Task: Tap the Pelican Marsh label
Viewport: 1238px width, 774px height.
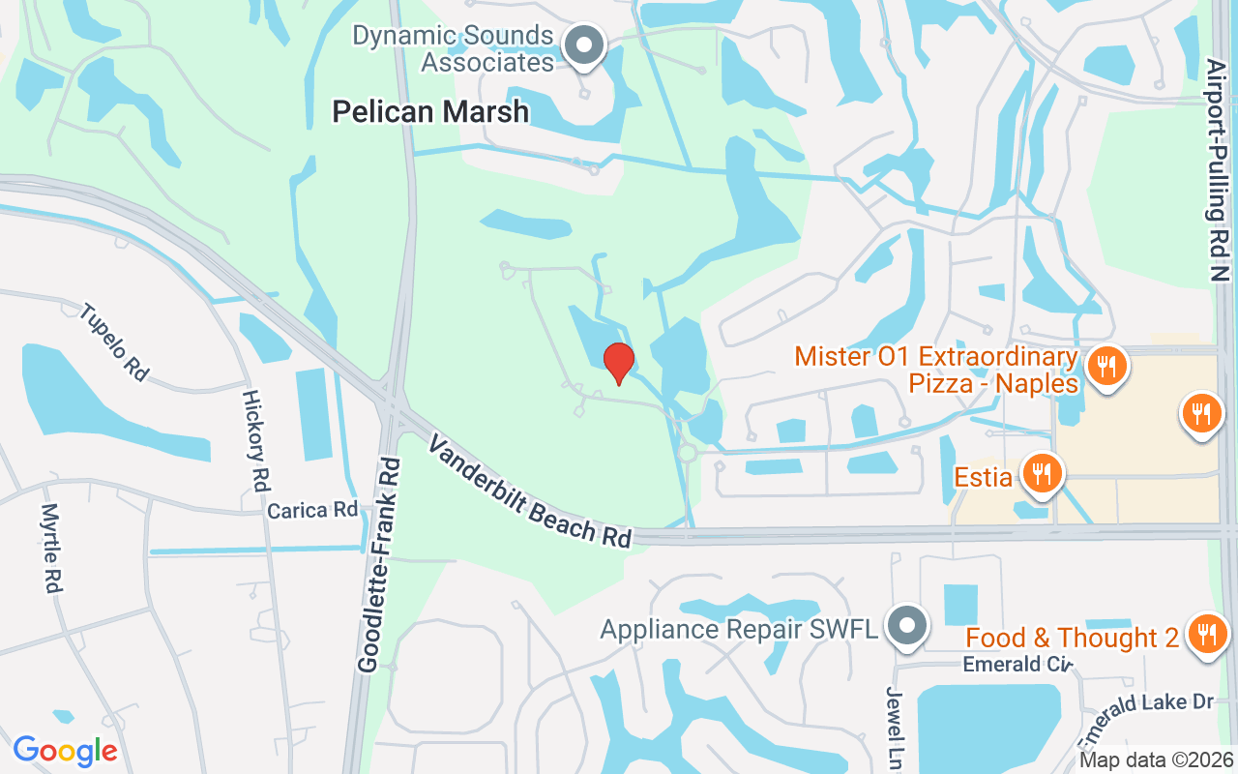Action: (430, 112)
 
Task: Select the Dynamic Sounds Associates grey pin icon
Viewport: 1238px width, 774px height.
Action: (583, 45)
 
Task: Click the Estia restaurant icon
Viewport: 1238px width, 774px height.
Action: (1041, 475)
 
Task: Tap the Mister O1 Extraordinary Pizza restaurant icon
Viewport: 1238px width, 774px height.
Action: (1104, 367)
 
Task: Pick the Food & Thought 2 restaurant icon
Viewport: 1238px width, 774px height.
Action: (1205, 635)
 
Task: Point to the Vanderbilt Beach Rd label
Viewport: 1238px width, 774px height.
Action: (529, 491)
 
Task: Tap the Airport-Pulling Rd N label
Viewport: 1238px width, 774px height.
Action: (1218, 169)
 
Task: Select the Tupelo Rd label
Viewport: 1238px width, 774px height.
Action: (113, 342)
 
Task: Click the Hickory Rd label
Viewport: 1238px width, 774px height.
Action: (255, 441)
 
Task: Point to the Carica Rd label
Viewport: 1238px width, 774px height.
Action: (312, 510)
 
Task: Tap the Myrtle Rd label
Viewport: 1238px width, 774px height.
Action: (51, 548)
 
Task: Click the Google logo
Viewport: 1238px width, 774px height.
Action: (65, 751)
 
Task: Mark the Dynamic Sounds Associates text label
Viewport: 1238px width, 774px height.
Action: (453, 49)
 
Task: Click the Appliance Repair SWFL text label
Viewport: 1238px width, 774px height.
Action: (739, 630)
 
